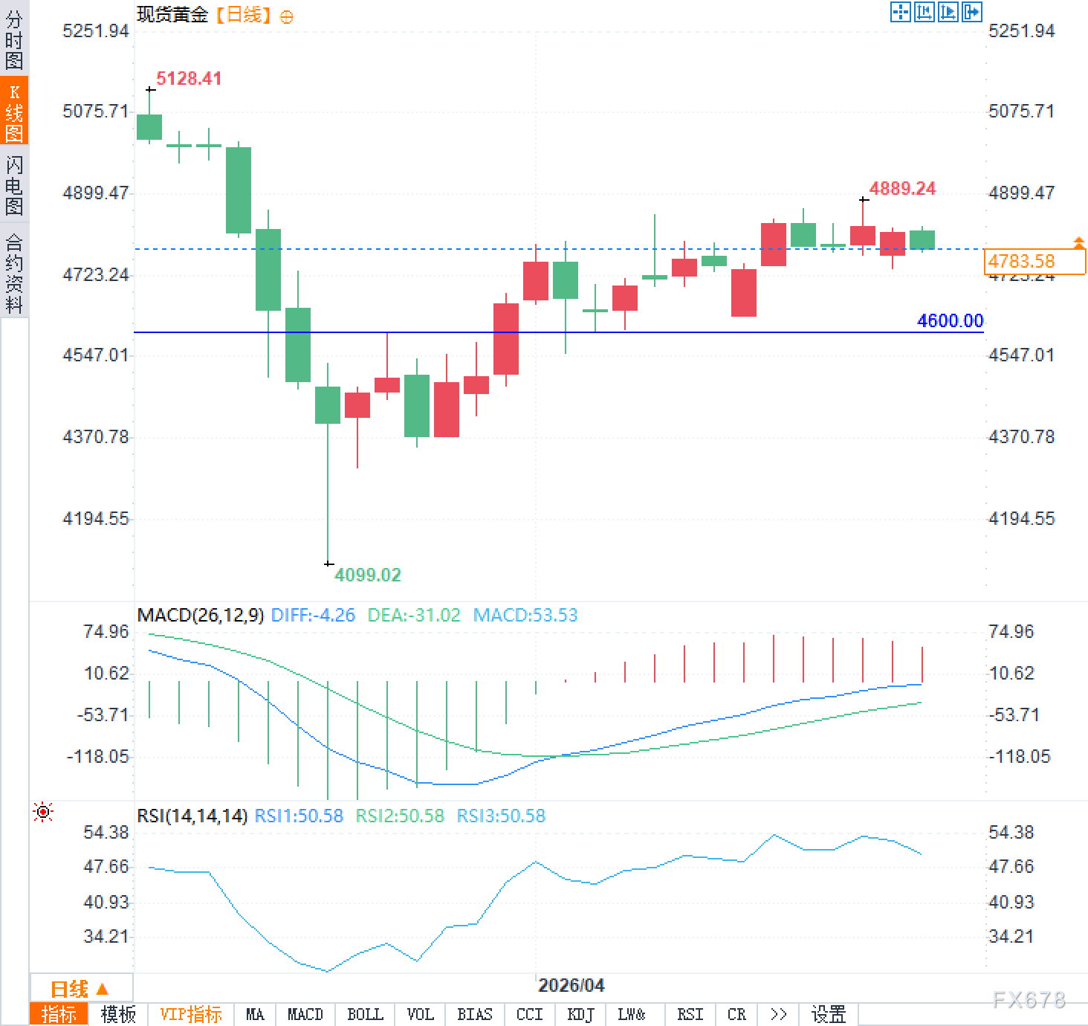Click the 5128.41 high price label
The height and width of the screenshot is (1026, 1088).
click(x=189, y=79)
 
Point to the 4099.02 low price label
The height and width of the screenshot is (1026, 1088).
click(x=367, y=575)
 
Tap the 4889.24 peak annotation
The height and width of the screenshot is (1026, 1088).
click(x=902, y=189)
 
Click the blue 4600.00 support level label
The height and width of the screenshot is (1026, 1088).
click(x=950, y=320)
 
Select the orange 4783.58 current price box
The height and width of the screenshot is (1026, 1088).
click(x=1034, y=261)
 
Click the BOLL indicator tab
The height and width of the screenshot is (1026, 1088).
click(x=365, y=1014)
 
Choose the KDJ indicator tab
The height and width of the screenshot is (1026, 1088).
click(x=580, y=1014)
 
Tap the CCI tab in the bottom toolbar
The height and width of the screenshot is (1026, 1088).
click(x=529, y=1014)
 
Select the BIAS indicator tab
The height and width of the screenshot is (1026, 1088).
click(x=474, y=1014)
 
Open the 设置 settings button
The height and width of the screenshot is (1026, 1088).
click(x=829, y=1014)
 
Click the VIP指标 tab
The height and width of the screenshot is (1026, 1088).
click(x=191, y=1014)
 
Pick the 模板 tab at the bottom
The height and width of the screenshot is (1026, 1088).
click(x=118, y=1014)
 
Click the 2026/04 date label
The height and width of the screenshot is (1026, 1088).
click(x=571, y=985)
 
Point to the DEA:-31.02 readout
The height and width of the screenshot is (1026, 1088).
click(x=414, y=616)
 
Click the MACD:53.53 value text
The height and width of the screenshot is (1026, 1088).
click(x=525, y=616)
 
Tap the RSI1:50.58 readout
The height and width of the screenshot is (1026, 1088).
click(x=299, y=816)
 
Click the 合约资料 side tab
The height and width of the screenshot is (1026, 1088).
click(x=14, y=273)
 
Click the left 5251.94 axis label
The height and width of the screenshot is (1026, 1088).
click(x=96, y=30)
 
